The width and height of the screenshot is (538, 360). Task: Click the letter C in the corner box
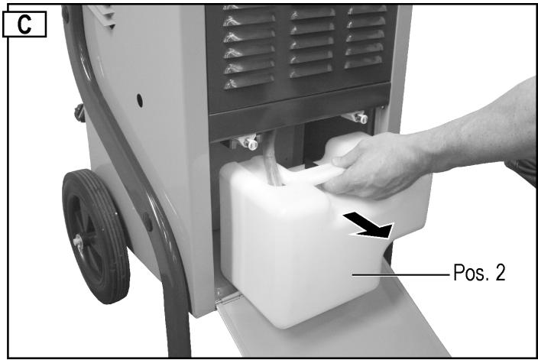(x=28, y=24)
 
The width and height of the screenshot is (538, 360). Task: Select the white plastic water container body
(x=290, y=252)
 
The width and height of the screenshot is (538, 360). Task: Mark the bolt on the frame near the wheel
(x=147, y=221)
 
